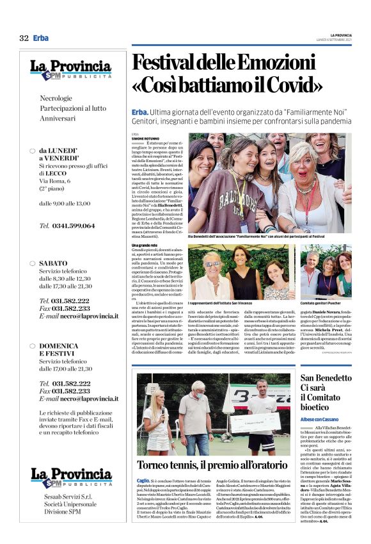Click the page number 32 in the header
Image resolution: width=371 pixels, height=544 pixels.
coord(24,38)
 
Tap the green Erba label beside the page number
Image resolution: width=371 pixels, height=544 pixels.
coord(41,38)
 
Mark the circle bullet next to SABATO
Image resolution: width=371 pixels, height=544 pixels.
coord(32,263)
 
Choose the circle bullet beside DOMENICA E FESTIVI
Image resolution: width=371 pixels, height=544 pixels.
coord(32,345)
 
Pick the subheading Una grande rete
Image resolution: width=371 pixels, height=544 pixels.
coord(144,245)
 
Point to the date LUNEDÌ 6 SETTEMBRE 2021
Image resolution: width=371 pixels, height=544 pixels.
coord(349,40)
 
